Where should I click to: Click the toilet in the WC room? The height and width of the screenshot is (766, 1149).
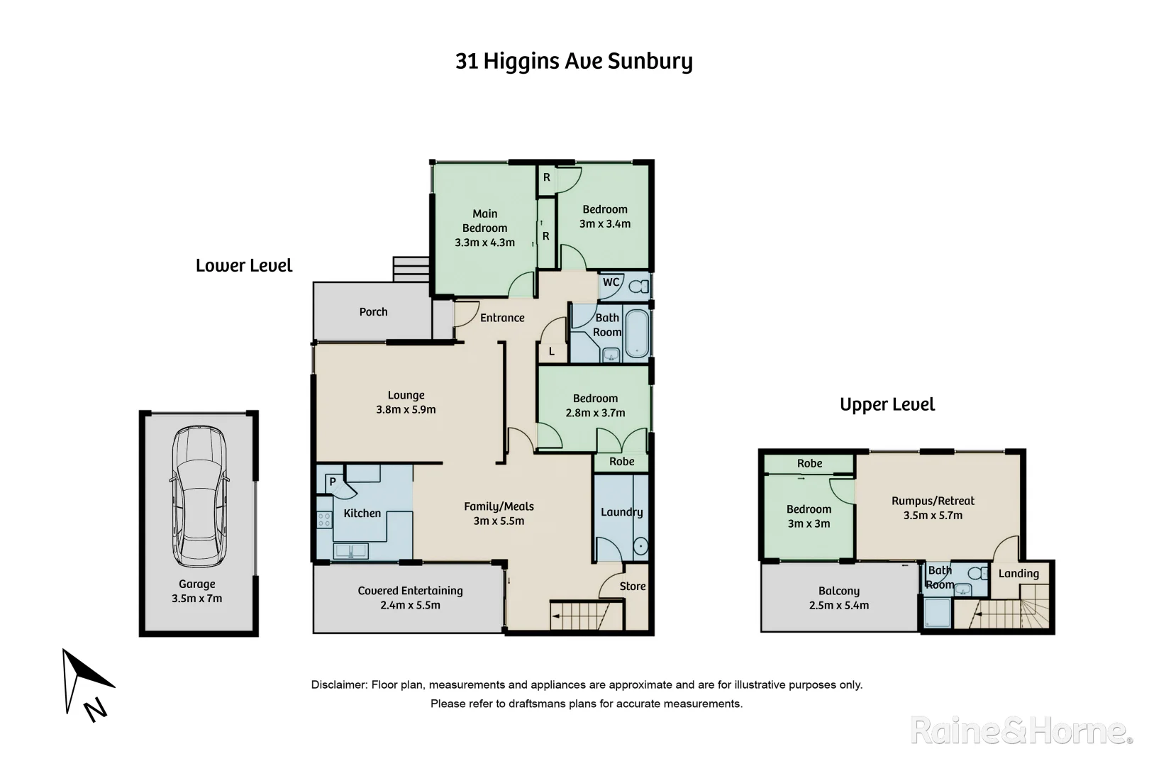coord(639,287)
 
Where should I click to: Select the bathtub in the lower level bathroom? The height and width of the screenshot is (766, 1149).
coord(636,333)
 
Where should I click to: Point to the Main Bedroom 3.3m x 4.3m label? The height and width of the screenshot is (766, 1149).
coord(484,228)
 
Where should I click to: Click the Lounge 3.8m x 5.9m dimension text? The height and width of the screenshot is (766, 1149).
coord(406,409)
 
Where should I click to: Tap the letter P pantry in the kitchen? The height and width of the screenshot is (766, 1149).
coord(332,482)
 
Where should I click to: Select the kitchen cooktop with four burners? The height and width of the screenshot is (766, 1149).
coord(324,520)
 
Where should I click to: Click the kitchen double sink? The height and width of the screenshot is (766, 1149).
coord(350,550)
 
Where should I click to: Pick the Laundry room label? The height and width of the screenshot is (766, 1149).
coord(621,512)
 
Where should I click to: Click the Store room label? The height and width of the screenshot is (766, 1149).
coord(632,587)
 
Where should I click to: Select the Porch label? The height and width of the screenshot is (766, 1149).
coord(373,312)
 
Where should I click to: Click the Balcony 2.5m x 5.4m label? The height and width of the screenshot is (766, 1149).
coord(838,598)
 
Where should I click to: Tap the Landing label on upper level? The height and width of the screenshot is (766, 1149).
coord(1018,574)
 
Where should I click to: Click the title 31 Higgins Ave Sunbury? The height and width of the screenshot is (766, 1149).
coord(574,62)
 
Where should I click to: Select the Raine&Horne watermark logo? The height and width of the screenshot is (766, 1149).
coord(1021,731)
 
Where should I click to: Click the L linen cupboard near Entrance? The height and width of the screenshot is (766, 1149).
coord(552,351)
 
